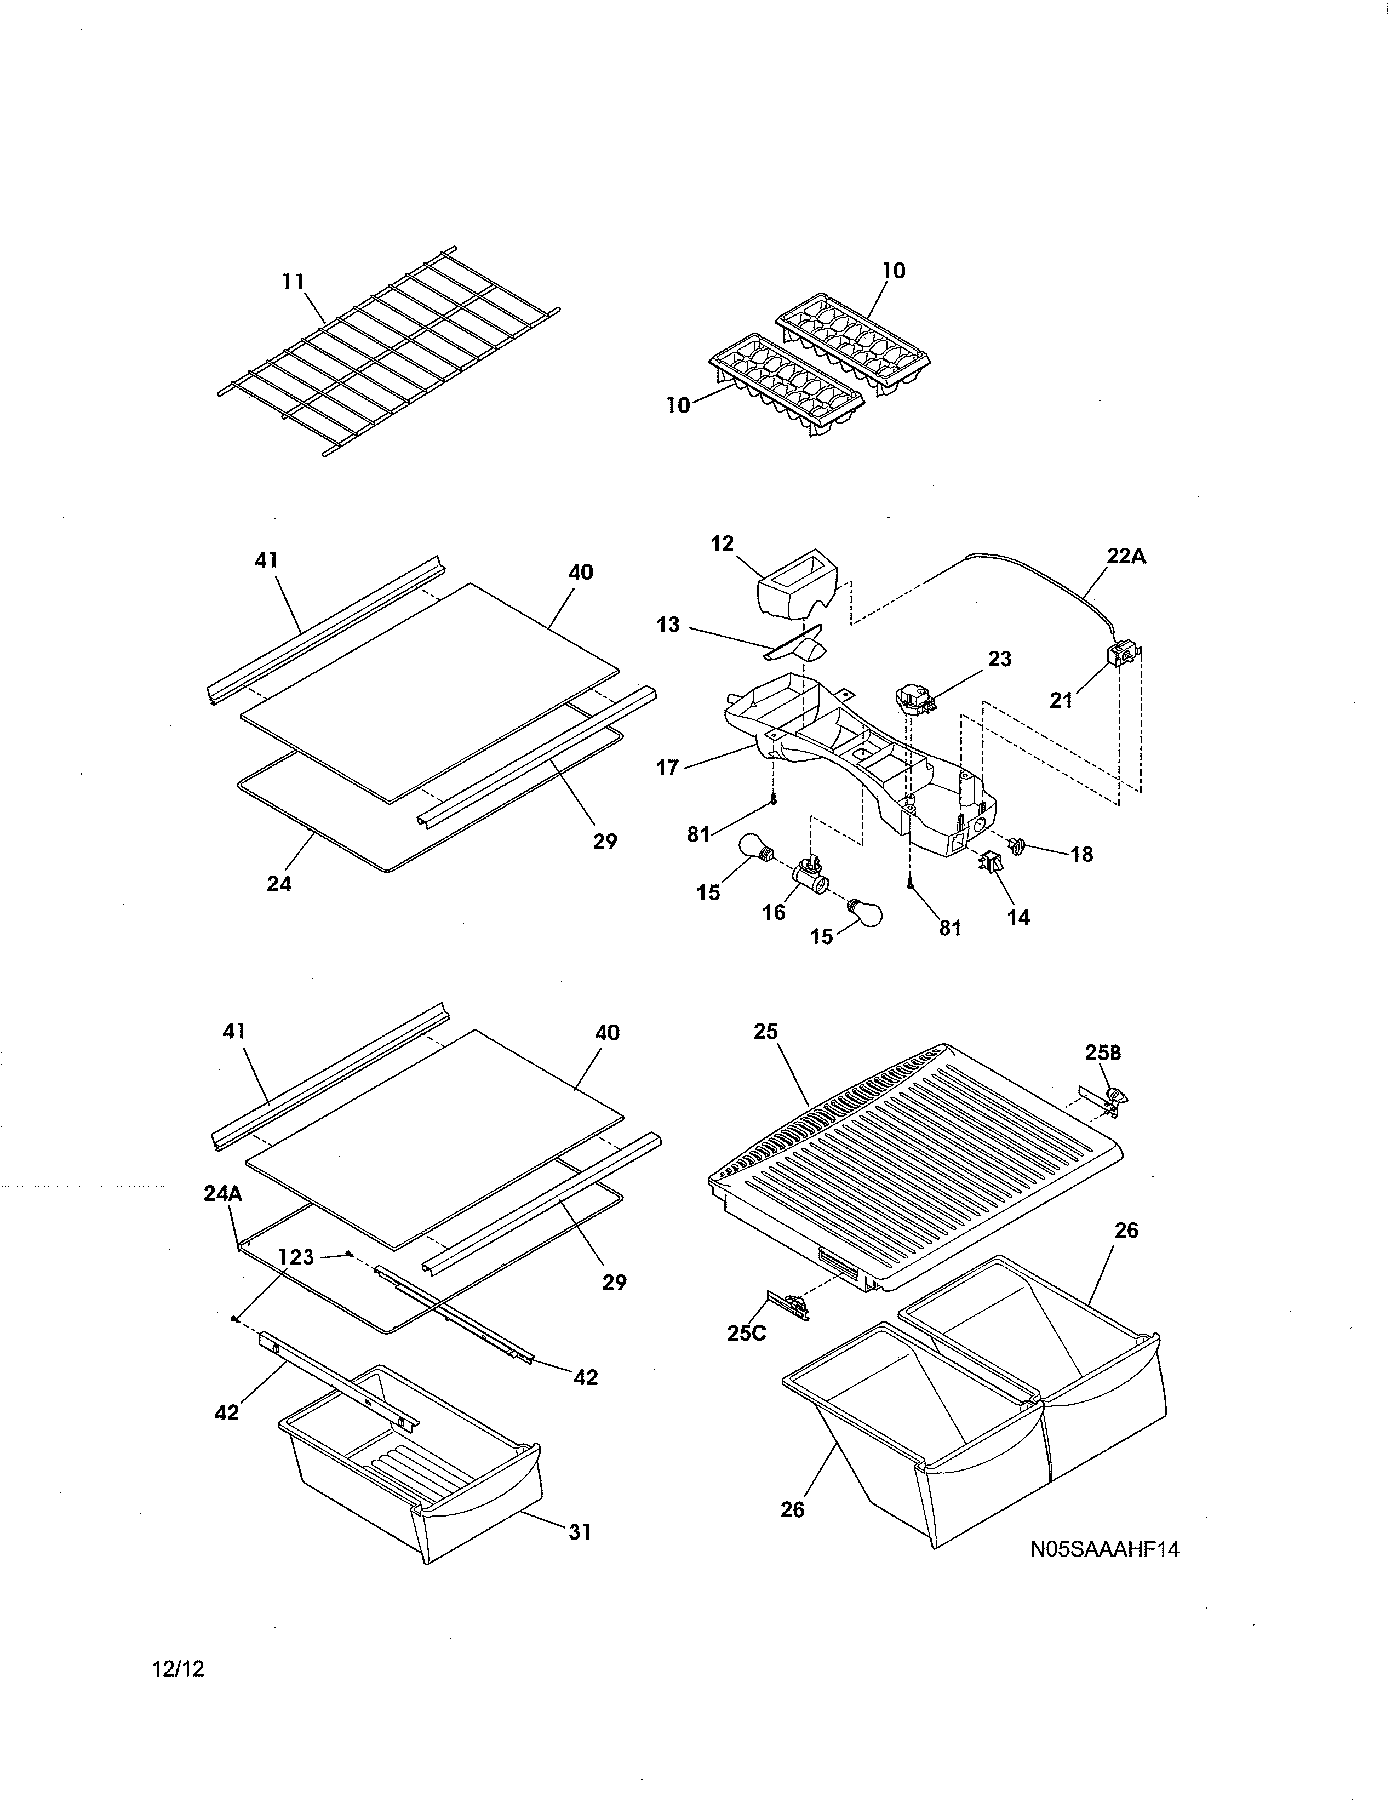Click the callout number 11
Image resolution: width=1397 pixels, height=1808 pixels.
point(293,282)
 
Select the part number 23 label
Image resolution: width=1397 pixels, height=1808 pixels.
point(1000,659)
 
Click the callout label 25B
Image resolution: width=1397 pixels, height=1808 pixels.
point(1102,1053)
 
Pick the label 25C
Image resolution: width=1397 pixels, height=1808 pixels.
point(747,1333)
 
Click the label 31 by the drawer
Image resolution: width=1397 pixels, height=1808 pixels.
point(580,1532)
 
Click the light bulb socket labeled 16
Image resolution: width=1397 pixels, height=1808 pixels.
point(809,873)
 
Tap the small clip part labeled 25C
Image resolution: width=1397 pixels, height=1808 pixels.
point(789,1306)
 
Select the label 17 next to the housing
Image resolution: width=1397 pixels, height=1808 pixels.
point(667,768)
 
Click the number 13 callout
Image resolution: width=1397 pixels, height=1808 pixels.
point(668,625)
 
